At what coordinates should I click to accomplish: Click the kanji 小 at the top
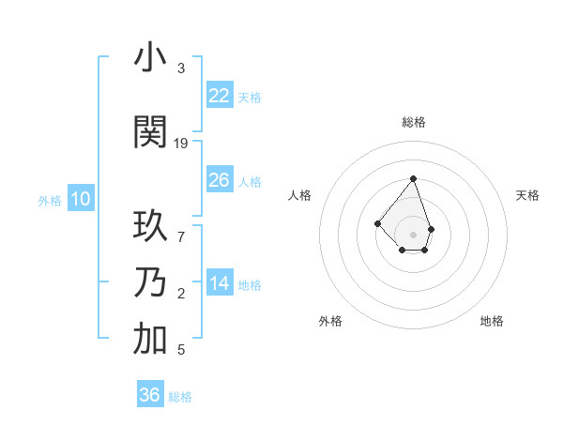click(150, 59)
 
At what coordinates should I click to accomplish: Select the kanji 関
click(150, 132)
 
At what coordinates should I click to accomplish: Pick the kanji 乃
click(150, 283)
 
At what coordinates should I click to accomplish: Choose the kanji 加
click(150, 341)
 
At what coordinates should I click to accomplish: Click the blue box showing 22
click(220, 95)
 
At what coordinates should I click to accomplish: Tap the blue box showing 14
click(220, 283)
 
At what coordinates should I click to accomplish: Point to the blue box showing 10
click(80, 199)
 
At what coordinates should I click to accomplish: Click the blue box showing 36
click(150, 395)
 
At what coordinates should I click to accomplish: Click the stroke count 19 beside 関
click(181, 143)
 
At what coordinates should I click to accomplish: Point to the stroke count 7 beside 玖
click(181, 236)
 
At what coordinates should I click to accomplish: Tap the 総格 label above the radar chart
click(414, 122)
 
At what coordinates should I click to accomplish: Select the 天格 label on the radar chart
click(527, 195)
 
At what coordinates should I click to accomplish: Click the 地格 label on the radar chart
click(492, 321)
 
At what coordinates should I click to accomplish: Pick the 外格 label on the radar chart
click(330, 321)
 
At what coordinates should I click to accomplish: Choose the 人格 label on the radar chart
click(299, 195)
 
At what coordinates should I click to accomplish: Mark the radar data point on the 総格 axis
click(413, 178)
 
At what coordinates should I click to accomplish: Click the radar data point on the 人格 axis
click(377, 223)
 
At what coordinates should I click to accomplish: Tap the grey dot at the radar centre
click(413, 235)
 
